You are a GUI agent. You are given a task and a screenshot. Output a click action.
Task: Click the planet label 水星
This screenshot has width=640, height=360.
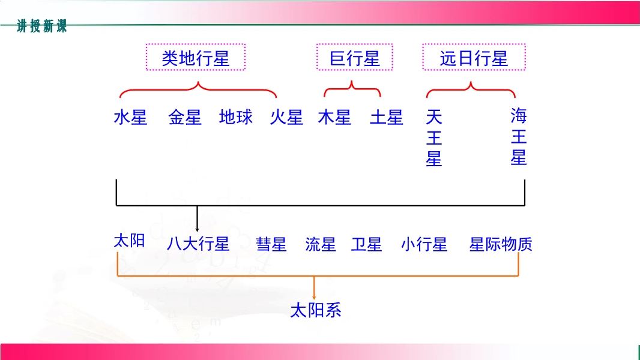tap(130, 118)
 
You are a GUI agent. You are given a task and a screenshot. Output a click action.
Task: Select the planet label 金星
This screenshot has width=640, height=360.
tap(185, 118)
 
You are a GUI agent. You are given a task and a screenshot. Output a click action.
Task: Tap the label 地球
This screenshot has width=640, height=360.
tap(236, 117)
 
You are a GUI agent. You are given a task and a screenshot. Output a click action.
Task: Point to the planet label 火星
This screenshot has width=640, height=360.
tap(286, 118)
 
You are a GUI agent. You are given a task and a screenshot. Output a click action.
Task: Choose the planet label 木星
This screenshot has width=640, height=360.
tap(334, 118)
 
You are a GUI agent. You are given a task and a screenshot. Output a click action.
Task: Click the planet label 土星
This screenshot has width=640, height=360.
tap(387, 118)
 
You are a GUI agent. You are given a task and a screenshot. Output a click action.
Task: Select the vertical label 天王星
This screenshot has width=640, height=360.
tap(434, 138)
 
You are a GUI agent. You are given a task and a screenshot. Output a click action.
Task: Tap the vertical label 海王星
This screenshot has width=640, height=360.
tap(519, 137)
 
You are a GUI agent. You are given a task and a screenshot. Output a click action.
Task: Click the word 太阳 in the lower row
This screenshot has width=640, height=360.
tap(130, 241)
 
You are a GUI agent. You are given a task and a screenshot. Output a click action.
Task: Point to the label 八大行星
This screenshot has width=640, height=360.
tap(198, 244)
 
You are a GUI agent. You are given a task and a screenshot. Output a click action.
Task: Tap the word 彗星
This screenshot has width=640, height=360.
tap(271, 244)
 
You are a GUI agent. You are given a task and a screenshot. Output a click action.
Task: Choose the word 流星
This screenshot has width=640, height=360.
tap(321, 244)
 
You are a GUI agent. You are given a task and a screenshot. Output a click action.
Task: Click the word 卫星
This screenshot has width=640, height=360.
tap(367, 244)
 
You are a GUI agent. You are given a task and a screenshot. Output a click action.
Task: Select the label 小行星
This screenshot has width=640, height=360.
tap(424, 244)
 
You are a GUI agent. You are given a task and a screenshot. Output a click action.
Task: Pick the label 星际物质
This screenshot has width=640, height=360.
tap(501, 244)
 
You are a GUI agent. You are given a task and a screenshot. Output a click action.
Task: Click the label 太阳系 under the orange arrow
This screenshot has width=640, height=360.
tap(316, 310)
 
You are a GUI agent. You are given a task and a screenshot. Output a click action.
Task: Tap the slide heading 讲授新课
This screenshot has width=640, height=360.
tap(41, 26)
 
